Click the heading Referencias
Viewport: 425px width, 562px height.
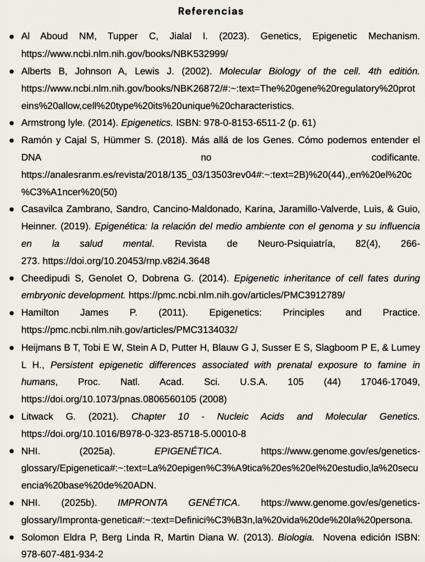pos(211,11)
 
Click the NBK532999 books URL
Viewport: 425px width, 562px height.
pos(124,54)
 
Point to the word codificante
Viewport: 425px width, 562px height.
pos(395,158)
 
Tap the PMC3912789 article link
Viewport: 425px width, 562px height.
pos(237,295)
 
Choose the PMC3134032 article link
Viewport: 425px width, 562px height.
pos(129,329)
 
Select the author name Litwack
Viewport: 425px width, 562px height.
pos(38,417)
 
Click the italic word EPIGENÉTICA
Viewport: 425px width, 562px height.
pos(187,451)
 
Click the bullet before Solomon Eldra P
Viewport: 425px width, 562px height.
pos(12,537)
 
